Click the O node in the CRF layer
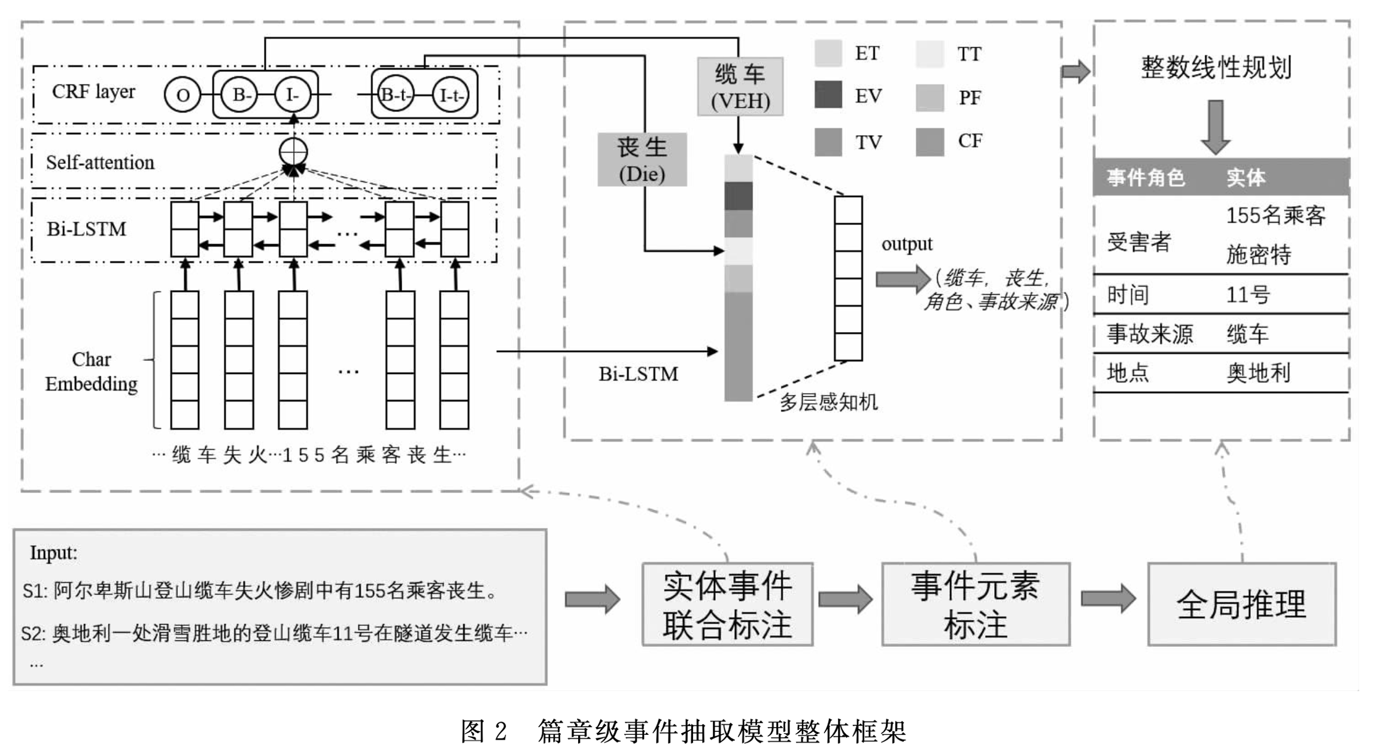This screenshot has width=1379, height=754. tap(183, 95)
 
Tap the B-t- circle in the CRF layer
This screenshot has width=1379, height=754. tap(395, 95)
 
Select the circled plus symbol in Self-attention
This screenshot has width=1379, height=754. tap(293, 151)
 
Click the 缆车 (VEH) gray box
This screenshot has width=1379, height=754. tap(740, 87)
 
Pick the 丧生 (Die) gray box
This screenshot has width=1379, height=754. tap(642, 160)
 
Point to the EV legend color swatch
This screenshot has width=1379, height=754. tap(828, 95)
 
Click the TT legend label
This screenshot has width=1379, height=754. tap(969, 54)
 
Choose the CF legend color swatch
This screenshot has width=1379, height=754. tap(930, 142)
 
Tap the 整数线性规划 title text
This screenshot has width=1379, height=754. tap(1216, 67)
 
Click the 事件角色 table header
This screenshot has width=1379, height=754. tap(1146, 178)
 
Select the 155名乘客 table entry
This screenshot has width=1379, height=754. tap(1275, 215)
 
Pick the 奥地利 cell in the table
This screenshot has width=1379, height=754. tap(1258, 373)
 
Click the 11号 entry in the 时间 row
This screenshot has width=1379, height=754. tap(1247, 295)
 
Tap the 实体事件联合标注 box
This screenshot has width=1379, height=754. tap(727, 604)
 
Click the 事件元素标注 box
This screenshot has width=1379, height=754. tap(976, 604)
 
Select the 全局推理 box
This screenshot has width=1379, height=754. tap(1241, 604)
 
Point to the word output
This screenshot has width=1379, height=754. tap(907, 244)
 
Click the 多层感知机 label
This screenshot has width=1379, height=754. tap(828, 402)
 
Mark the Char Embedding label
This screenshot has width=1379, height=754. tap(92, 372)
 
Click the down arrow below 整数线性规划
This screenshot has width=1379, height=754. tap(1216, 127)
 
